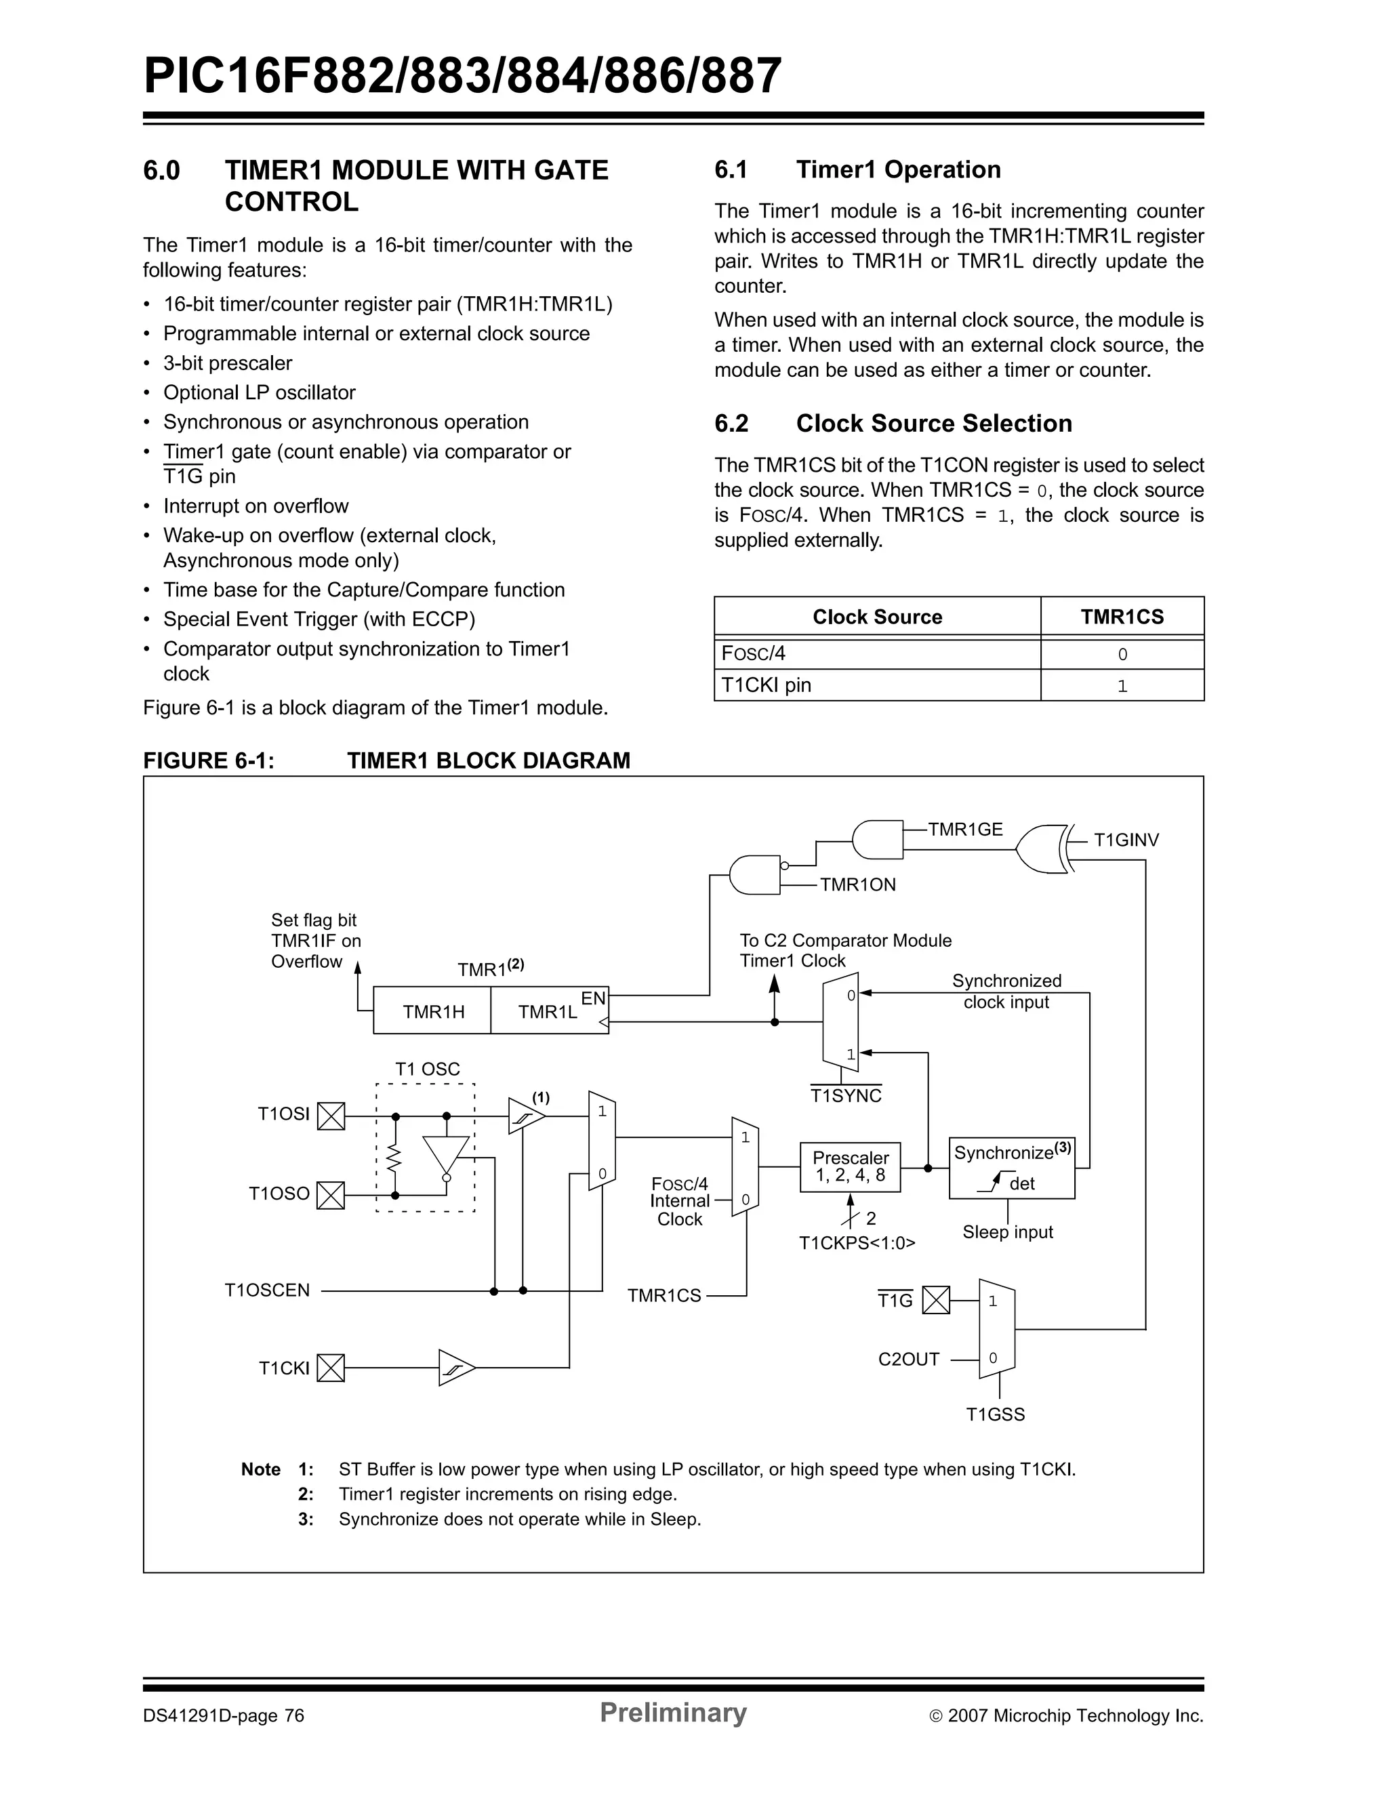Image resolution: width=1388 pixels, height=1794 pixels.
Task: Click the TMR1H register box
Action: [433, 1011]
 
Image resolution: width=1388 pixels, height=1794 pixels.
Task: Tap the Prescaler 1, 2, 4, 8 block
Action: [850, 1166]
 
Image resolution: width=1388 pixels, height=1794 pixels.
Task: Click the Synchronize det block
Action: [1011, 1168]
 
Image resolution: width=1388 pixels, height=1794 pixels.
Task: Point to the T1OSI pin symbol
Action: [331, 1116]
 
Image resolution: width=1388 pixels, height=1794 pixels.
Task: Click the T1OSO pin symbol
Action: [331, 1195]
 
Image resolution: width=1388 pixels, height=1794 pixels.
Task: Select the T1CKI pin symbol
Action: [331, 1368]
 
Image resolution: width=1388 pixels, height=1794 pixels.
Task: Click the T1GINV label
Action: [1126, 840]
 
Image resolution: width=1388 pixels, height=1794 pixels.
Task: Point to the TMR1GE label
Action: [965, 830]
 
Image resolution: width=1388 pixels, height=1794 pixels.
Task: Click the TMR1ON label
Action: [857, 884]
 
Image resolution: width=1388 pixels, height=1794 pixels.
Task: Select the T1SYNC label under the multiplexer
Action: [845, 1096]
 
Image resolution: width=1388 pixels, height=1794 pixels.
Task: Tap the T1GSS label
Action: [995, 1414]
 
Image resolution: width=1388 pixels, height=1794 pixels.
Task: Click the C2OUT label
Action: [908, 1360]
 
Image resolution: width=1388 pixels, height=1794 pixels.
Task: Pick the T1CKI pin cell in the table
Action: [876, 685]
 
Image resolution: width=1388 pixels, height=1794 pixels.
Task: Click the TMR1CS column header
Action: [1121, 617]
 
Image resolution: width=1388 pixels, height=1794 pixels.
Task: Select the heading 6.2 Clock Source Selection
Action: [893, 423]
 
